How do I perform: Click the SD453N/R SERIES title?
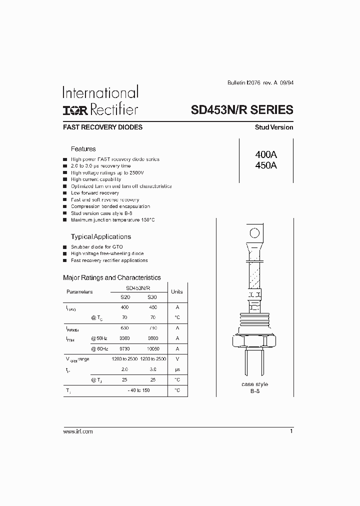tap(242, 110)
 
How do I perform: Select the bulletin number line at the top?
tap(257, 83)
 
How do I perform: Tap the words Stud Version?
tap(274, 127)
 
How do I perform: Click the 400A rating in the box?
tap(265, 155)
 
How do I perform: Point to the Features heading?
tap(83, 149)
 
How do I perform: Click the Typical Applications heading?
tap(100, 236)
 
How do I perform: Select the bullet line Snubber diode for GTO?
tap(96, 247)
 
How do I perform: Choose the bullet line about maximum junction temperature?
tap(112, 220)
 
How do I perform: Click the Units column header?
tap(177, 291)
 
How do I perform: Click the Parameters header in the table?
tap(79, 291)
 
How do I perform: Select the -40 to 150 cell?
tap(138, 390)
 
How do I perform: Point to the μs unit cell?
tap(177, 369)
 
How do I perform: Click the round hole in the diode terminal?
tap(254, 232)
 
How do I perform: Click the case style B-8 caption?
tap(254, 387)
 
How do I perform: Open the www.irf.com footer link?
tap(78, 431)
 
